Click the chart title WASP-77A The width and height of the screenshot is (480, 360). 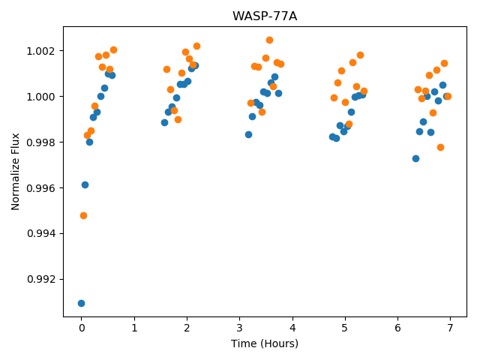tap(265, 16)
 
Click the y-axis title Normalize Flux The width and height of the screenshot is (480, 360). tap(15, 172)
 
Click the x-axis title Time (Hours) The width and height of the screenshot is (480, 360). tap(265, 343)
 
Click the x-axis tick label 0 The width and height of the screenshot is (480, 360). tap(82, 328)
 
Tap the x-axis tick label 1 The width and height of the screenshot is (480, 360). tap(134, 328)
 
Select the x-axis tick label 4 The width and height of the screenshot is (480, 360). tap(292, 328)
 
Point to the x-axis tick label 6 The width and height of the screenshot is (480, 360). tap(397, 328)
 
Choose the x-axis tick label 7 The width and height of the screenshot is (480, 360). tap(450, 328)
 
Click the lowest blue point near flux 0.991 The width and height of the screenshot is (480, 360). tap(81, 303)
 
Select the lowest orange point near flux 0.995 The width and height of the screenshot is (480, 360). tap(83, 216)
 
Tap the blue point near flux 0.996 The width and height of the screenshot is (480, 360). tap(85, 185)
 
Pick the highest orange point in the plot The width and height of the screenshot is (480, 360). tap(270, 40)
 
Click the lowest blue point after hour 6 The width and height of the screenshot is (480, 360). tap(415, 158)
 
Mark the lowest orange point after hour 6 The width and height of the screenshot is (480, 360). tap(440, 148)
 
